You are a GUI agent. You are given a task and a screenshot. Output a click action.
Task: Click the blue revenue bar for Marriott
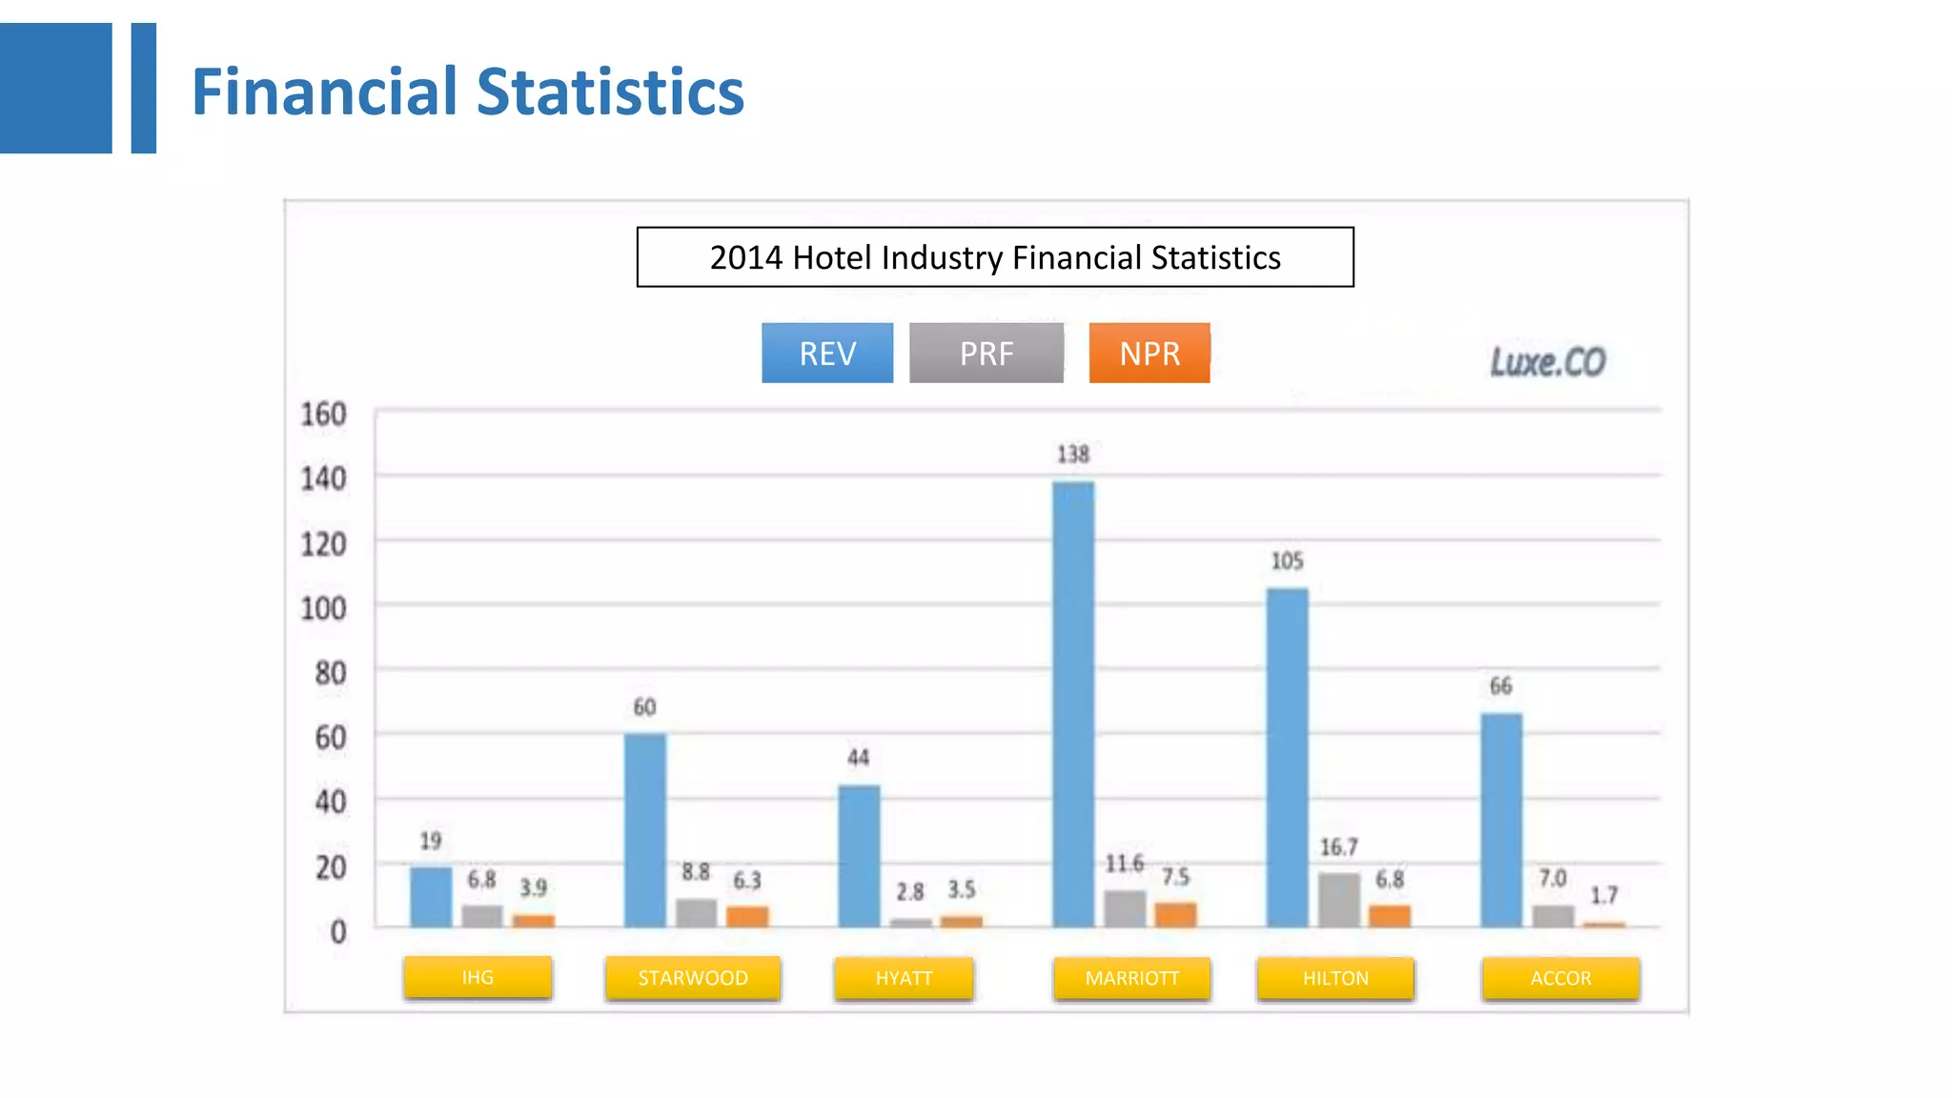click(1073, 705)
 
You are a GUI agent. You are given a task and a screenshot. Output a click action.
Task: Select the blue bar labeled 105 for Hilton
click(1287, 758)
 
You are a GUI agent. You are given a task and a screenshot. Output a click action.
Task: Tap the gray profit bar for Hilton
click(1339, 900)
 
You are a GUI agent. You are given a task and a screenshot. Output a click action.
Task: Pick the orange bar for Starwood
click(747, 916)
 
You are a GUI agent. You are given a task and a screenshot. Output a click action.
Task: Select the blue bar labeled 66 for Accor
click(1501, 820)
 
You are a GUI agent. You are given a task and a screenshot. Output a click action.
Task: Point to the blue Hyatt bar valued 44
click(859, 855)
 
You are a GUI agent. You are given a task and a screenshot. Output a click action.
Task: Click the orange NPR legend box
click(1149, 354)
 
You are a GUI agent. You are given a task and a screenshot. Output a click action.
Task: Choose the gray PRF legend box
click(986, 354)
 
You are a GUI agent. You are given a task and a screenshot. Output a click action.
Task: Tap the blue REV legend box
click(827, 354)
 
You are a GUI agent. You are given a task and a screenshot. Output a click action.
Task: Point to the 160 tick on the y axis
click(323, 415)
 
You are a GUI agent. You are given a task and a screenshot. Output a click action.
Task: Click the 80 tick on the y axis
click(330, 674)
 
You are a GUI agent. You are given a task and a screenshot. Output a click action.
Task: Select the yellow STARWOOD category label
click(693, 978)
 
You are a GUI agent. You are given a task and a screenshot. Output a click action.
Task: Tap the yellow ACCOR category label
click(1560, 978)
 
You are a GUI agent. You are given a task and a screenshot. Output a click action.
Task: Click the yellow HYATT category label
click(904, 978)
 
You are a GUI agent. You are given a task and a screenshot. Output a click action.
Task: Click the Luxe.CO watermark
click(1548, 362)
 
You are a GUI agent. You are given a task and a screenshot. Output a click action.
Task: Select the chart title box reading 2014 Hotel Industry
click(995, 257)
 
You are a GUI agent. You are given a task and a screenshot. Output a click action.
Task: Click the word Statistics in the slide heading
click(610, 92)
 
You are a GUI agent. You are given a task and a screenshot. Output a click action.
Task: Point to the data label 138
click(1073, 455)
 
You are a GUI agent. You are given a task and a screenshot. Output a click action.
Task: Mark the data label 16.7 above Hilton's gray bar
click(1338, 847)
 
